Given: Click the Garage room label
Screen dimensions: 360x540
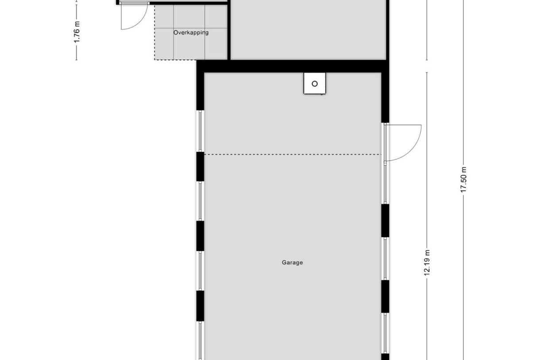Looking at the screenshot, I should (x=292, y=263).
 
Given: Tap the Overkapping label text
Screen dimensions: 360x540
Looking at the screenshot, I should (x=191, y=33).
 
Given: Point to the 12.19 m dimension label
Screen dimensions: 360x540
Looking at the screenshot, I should (x=427, y=263).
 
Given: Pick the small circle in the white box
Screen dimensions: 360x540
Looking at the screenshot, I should (x=315, y=84).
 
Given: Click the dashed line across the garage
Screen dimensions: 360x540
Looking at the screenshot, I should (x=292, y=154).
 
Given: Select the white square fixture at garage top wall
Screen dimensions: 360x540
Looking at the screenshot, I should (x=315, y=83).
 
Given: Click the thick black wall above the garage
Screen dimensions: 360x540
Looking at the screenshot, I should (x=292, y=66).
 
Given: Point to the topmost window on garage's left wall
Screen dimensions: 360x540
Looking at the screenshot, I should (x=200, y=131).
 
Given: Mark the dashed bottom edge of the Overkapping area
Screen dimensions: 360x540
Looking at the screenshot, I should (x=191, y=59).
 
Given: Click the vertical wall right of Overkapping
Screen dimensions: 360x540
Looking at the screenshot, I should (x=229, y=31).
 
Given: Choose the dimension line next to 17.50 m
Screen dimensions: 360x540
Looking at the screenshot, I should (x=463, y=111).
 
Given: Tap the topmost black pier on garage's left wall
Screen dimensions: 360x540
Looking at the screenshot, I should (x=200, y=166).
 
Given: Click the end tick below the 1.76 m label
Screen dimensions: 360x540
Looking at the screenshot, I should (x=77, y=59).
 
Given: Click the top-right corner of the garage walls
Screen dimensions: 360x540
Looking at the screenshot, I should (x=385, y=66).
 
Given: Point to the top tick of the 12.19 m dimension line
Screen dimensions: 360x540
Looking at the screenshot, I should (x=427, y=73).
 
